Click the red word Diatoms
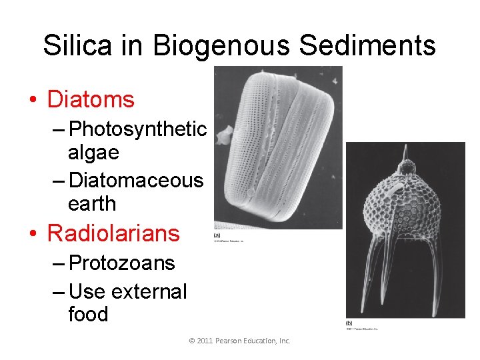(91, 100)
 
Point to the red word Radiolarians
(113, 233)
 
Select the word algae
(93, 153)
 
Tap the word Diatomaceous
(137, 179)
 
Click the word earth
(92, 204)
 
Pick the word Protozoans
(122, 263)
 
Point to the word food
(88, 314)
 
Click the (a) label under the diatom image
(217, 235)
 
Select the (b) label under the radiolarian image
(349, 323)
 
